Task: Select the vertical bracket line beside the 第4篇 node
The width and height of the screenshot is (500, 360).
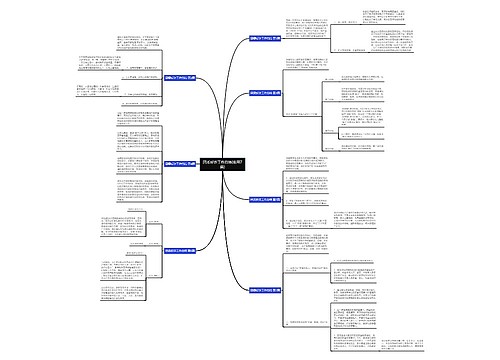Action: [291, 300]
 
